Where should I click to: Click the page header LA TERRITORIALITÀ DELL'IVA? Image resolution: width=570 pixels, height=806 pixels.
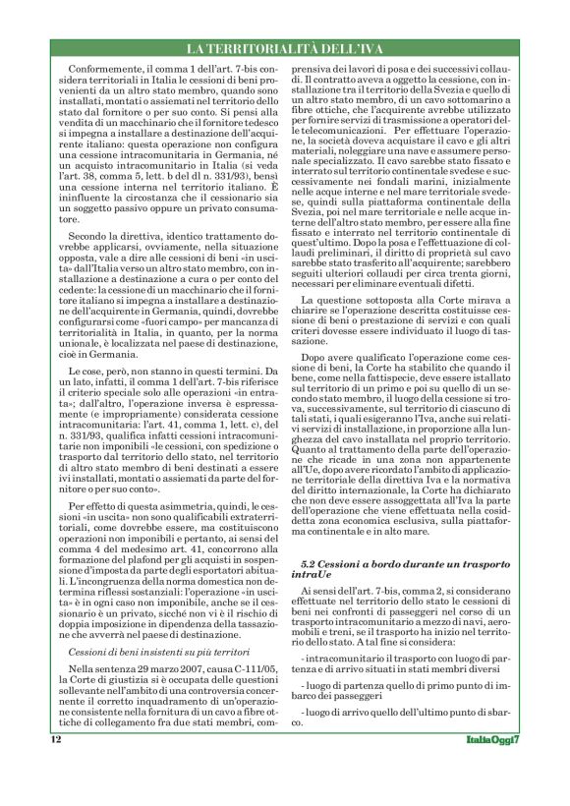[285, 49]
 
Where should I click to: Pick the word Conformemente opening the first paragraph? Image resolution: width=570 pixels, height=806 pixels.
[103, 70]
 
